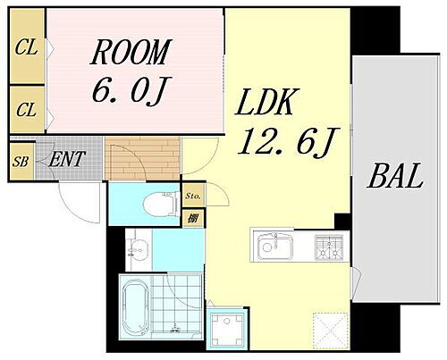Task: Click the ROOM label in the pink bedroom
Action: pos(131,52)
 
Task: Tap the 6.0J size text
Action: pos(128,89)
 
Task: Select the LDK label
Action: pos(266,102)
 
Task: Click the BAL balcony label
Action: pos(395,176)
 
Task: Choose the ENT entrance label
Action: pos(67,159)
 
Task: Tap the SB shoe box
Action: pos(21,162)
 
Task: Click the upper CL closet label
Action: pos(26,47)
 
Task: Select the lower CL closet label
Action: pos(26,110)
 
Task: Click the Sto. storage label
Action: pos(193,196)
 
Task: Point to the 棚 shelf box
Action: pos(193,219)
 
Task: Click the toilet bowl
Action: pos(159,205)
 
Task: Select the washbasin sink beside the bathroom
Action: pos(139,248)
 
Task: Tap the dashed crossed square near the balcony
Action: pos(331,331)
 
